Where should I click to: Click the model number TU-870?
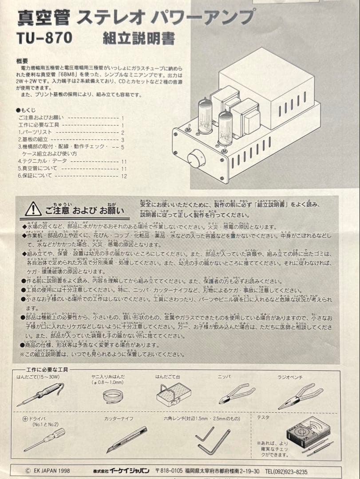pyautogui.click(x=44, y=38)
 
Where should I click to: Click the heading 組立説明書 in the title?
pyautogui.click(x=138, y=38)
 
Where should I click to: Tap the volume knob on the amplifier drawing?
pyautogui.click(x=195, y=158)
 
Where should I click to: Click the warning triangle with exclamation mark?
pyautogui.click(x=33, y=209)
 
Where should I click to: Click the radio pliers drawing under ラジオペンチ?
pyautogui.click(x=301, y=396)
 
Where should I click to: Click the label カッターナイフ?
pyautogui.click(x=119, y=418)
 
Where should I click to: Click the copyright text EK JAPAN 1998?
pyautogui.click(x=47, y=471)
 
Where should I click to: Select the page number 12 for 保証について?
pyautogui.click(x=124, y=176)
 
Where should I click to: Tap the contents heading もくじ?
pyautogui.click(x=28, y=110)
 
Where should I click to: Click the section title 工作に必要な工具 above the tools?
pyautogui.click(x=47, y=369)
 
